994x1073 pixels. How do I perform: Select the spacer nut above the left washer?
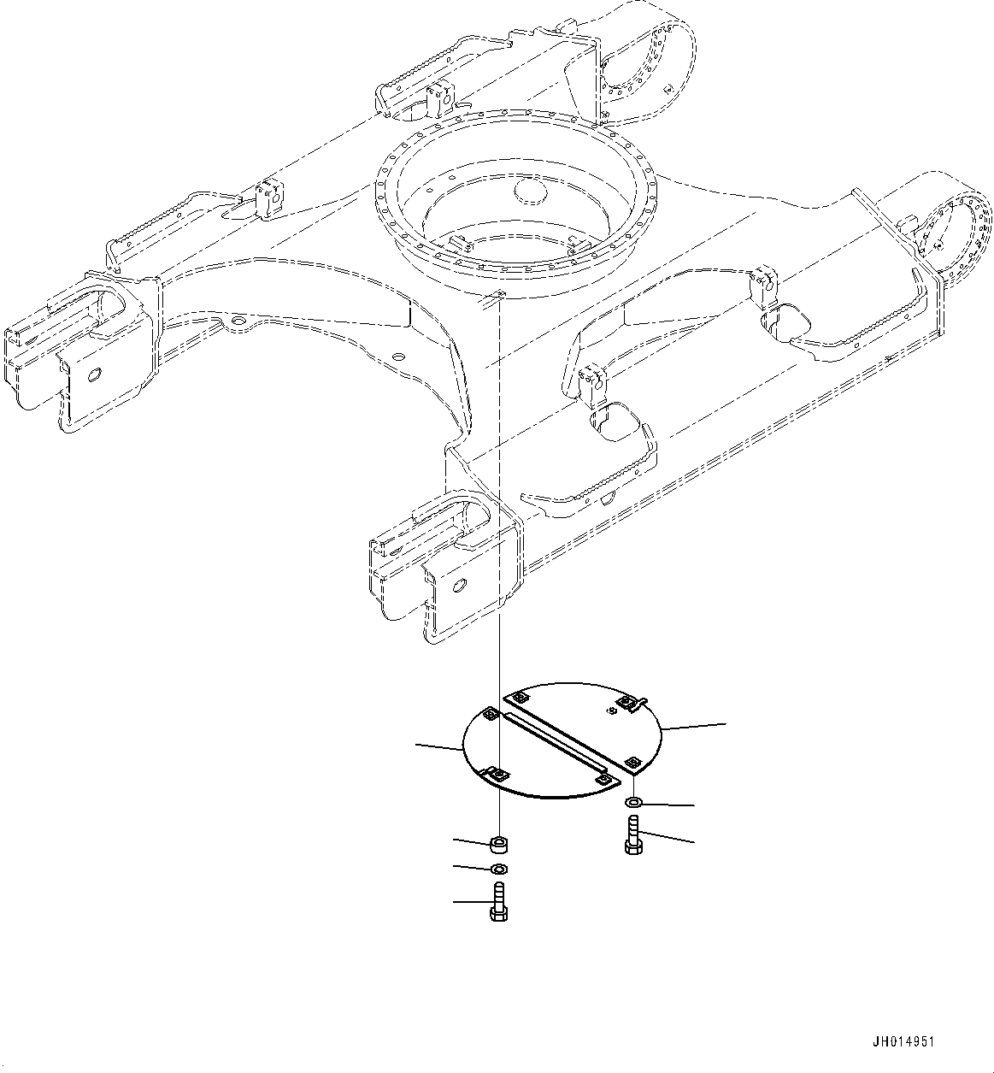tap(498, 846)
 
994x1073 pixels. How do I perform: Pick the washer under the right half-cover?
tap(633, 803)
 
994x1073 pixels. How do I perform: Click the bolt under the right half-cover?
tap(632, 834)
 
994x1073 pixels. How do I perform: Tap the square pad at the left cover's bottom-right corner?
tap(603, 779)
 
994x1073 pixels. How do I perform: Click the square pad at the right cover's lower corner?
tap(633, 762)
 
